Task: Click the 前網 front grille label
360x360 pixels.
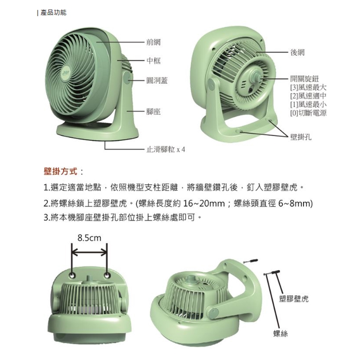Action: point(153,42)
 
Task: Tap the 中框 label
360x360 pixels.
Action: point(153,61)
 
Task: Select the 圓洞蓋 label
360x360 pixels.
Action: point(157,81)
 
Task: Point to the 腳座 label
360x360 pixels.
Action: point(153,112)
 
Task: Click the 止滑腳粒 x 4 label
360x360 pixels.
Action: point(165,150)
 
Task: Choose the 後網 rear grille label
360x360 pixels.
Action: point(297,52)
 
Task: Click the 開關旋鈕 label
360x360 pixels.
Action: point(304,79)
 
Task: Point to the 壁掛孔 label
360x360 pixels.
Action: point(301,137)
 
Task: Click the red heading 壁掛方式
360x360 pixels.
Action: point(60,171)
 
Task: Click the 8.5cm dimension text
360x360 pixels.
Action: point(89,238)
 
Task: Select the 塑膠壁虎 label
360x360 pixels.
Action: point(294,299)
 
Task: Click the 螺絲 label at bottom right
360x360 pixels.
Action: point(280,334)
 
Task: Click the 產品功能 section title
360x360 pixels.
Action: point(53,12)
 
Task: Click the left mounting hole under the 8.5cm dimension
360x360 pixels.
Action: point(73,275)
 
